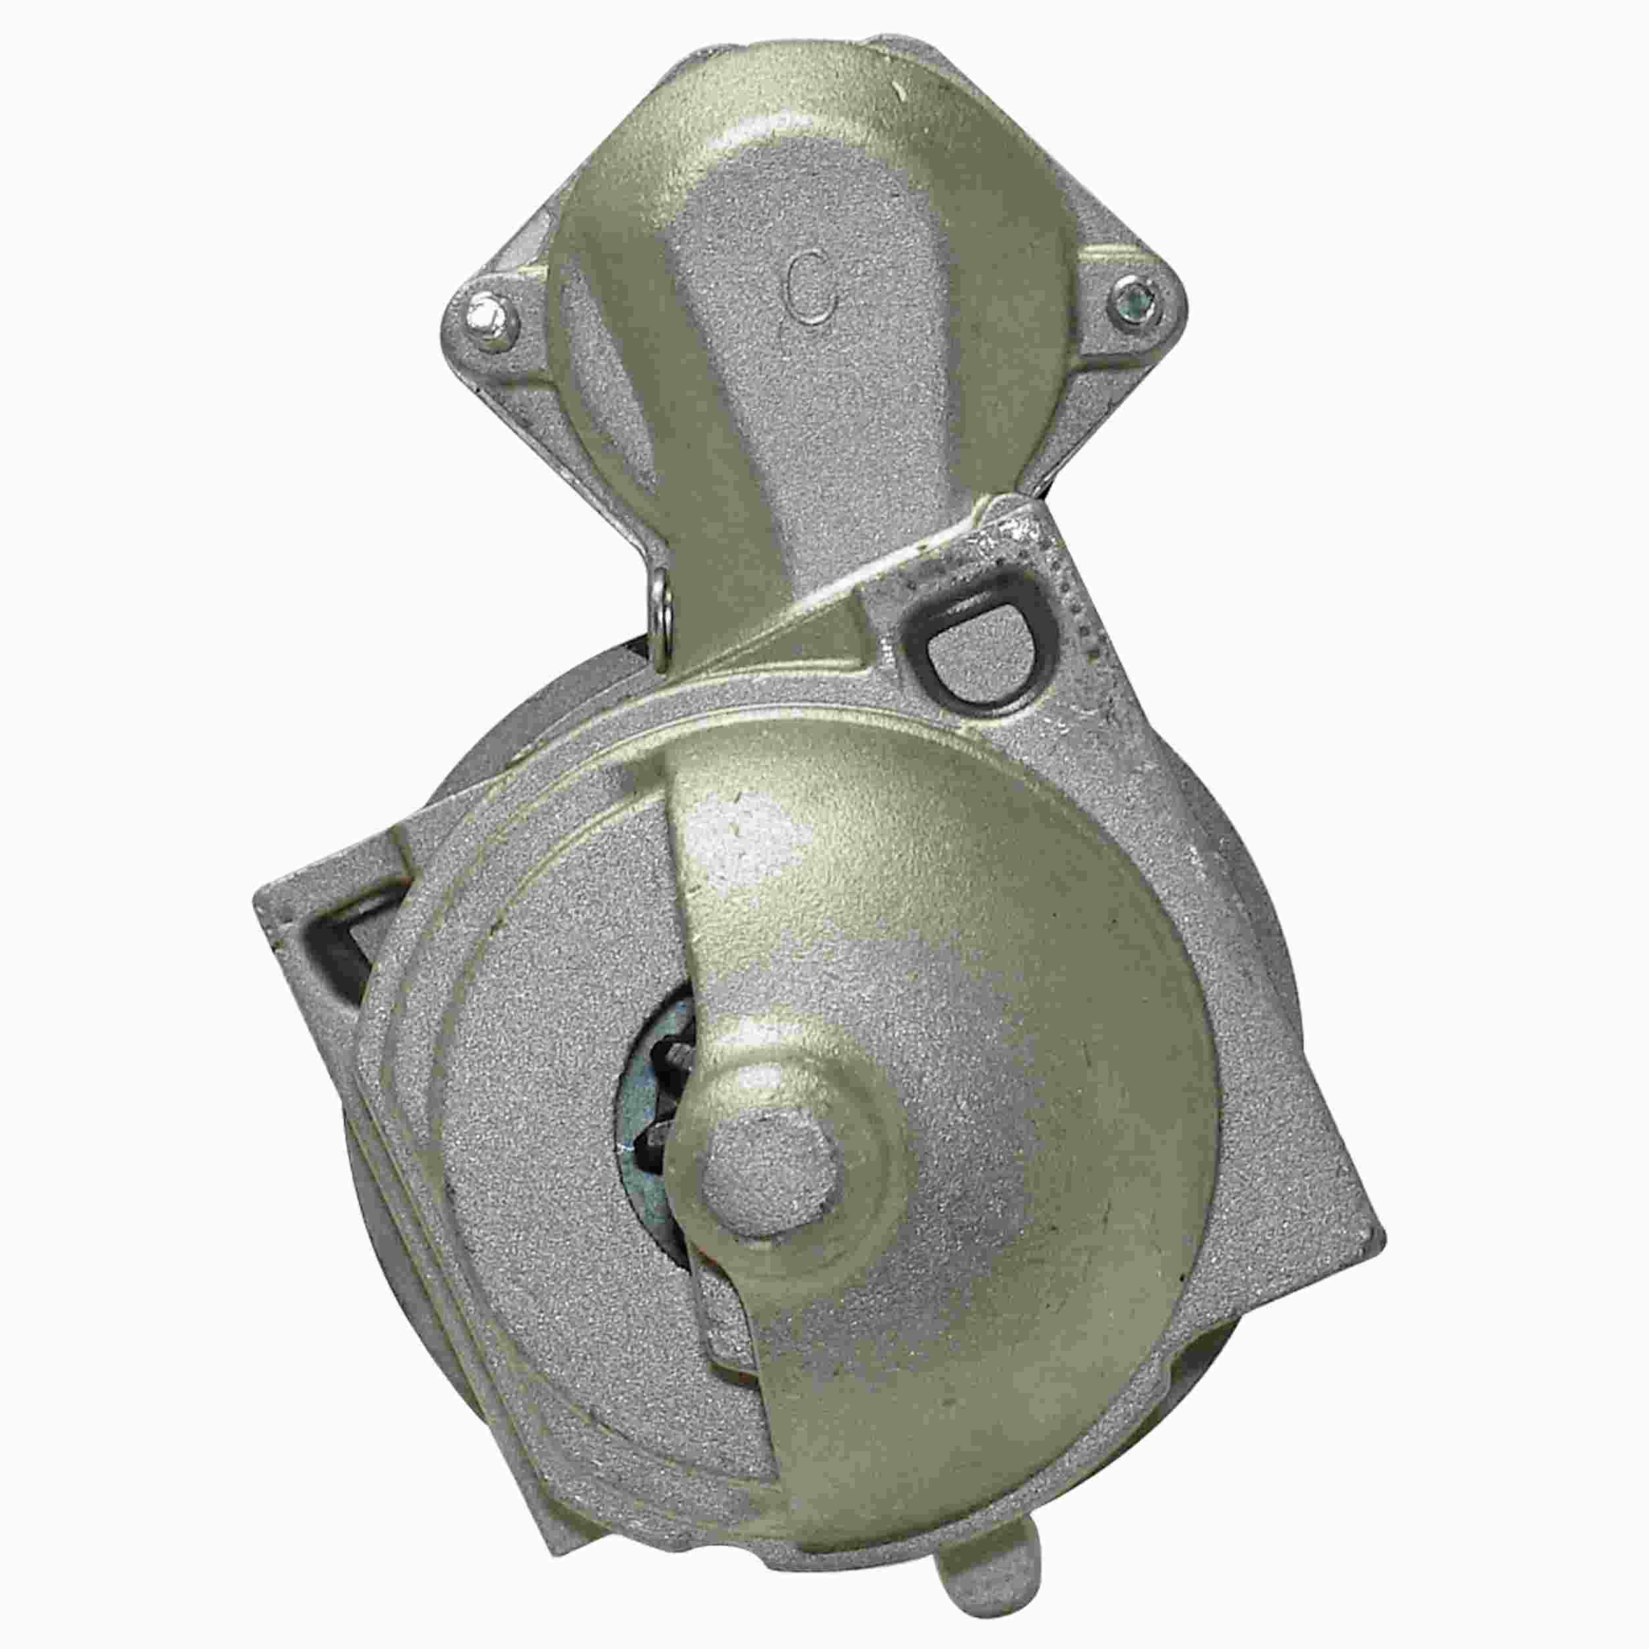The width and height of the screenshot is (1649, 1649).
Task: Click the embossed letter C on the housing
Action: (810, 292)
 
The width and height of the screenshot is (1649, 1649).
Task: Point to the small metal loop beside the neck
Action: (658, 613)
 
